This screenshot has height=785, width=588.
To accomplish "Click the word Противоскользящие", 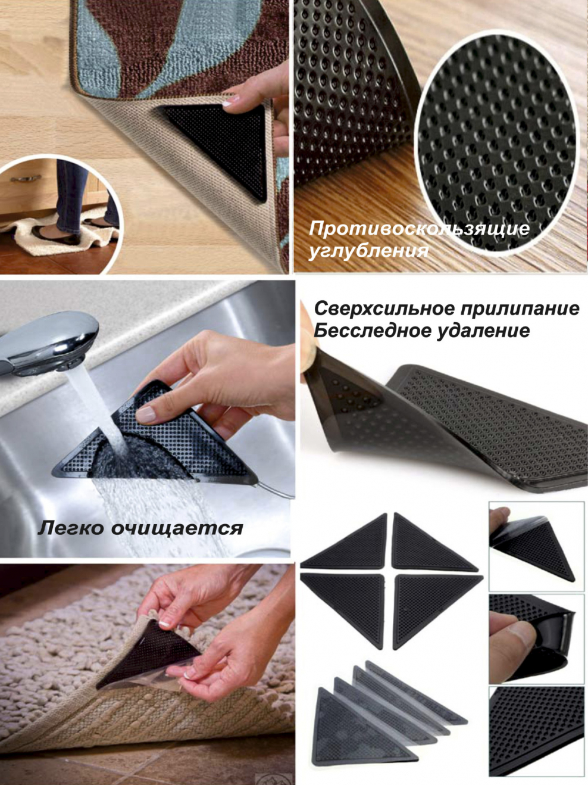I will point(419,229).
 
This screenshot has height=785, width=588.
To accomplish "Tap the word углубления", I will point(368,251).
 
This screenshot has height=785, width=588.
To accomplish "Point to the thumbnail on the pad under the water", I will point(145,413).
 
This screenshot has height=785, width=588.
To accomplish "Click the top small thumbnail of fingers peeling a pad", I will point(536,545).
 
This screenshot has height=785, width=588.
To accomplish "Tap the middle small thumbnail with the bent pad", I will point(536,637).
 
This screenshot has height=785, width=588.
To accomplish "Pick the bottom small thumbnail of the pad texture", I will point(536,731).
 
